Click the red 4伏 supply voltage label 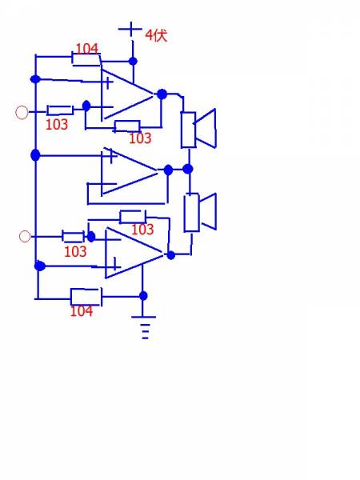156,35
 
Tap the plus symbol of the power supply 130,29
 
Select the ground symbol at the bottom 144,327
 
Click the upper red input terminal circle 22,112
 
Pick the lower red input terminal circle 25,236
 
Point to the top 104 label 87,48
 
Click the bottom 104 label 82,311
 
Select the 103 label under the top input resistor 57,124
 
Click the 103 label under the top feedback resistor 140,138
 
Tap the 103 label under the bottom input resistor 75,252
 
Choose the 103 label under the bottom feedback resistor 142,230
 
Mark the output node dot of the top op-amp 162,94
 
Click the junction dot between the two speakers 188,169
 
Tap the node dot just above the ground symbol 143,296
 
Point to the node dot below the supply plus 133,61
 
